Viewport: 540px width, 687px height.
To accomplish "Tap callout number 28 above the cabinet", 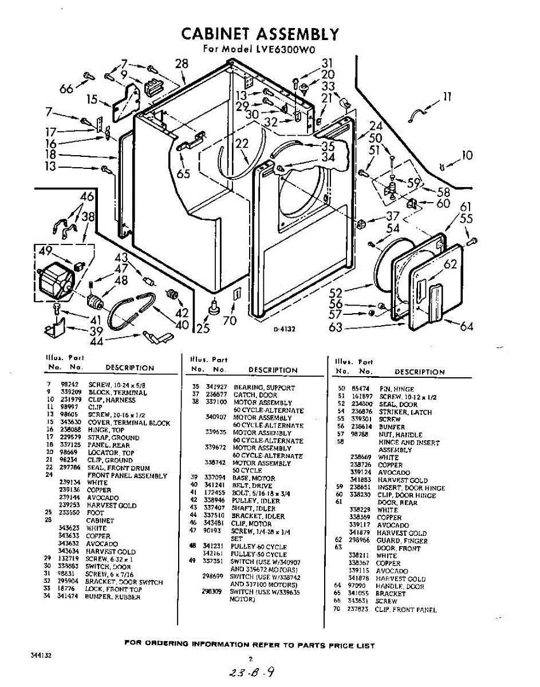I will click(x=182, y=64).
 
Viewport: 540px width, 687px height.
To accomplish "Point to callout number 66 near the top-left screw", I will click(x=66, y=89).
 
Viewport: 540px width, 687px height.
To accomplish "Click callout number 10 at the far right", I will click(x=467, y=155).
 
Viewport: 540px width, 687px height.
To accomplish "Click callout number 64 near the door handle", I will click(x=467, y=326).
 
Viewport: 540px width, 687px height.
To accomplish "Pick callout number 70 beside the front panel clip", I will click(x=229, y=321).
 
